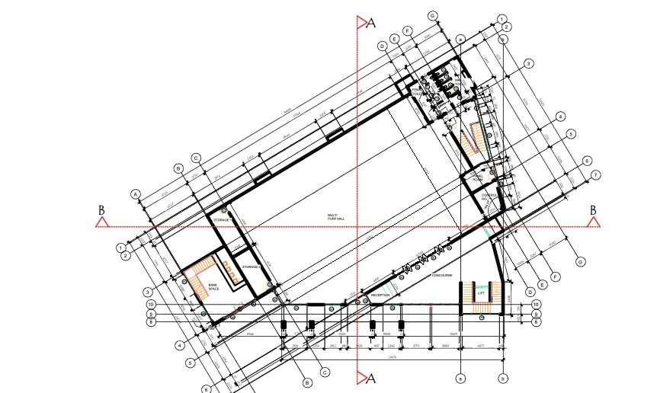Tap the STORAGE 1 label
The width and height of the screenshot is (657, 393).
[222, 219]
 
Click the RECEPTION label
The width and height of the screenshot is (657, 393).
[380, 295]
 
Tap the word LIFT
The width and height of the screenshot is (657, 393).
[482, 292]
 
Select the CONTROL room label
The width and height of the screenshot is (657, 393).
[489, 196]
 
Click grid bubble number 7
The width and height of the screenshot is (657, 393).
[596, 175]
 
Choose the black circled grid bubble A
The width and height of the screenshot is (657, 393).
[136, 193]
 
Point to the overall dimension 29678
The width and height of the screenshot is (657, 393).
[393, 356]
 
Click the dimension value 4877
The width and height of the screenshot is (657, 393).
[481, 345]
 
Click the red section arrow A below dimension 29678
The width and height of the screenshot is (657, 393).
[362, 378]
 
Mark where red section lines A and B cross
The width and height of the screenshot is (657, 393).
[358, 226]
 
